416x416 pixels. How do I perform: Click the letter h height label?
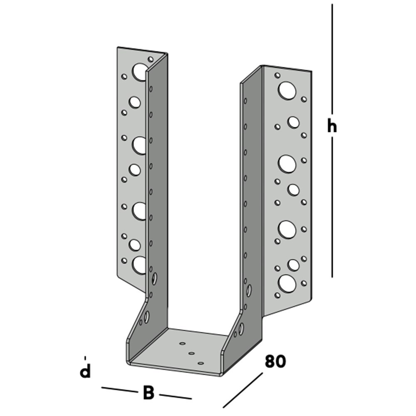[332, 126]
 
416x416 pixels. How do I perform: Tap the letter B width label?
[148, 393]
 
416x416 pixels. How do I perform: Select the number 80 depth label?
[275, 362]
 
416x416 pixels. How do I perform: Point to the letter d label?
[85, 371]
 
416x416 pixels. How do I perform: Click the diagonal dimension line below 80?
[243, 390]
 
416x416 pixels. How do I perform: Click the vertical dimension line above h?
[332, 58]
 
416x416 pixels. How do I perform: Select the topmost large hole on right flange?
[287, 90]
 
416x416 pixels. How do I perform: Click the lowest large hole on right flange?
[287, 283]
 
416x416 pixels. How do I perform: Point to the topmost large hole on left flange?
[140, 72]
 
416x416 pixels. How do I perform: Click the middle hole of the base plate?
[191, 353]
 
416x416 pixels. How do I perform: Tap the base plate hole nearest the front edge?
[201, 363]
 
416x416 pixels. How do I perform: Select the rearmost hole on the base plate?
[182, 344]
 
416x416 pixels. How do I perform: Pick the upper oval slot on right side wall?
[249, 290]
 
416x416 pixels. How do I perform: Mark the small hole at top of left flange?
[151, 59]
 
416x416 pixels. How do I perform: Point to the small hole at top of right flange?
[277, 75]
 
